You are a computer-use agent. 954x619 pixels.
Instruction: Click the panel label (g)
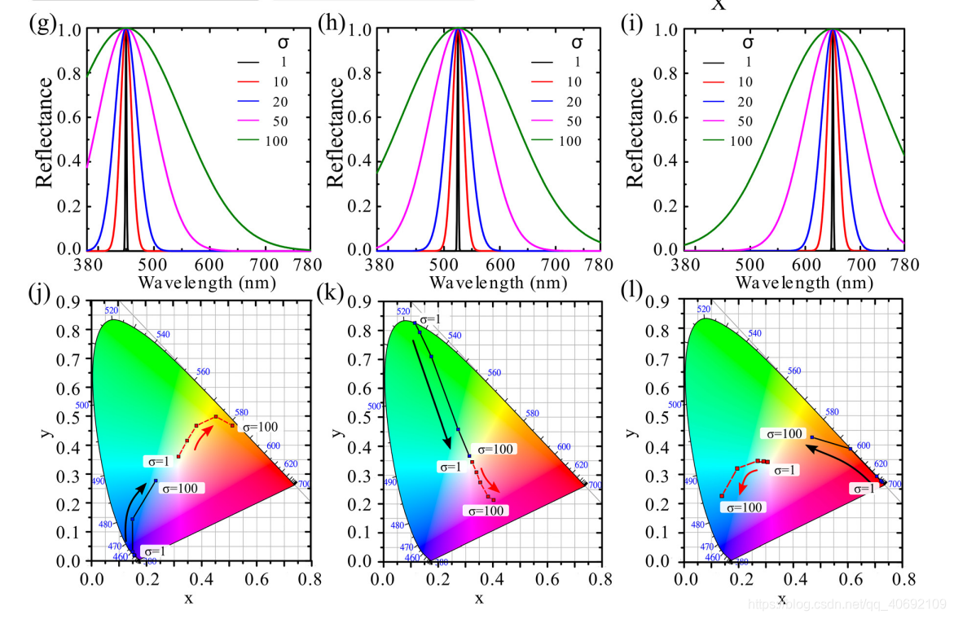pyautogui.click(x=42, y=23)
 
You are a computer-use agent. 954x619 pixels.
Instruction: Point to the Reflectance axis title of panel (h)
pyautogui.click(x=334, y=132)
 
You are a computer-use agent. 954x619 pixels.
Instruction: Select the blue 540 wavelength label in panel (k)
pyautogui.click(x=455, y=335)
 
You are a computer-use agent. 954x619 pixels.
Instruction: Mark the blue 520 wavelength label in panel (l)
pyautogui.click(x=705, y=309)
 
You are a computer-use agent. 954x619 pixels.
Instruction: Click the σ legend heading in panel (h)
pyautogui.click(x=576, y=42)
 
